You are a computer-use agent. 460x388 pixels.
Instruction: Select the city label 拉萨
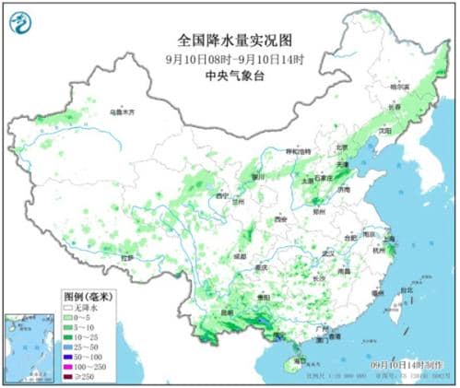coord(126,257)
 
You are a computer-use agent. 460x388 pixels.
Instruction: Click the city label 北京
coord(342,147)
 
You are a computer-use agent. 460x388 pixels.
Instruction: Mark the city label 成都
coord(240,253)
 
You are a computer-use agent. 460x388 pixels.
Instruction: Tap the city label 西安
coord(280,219)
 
